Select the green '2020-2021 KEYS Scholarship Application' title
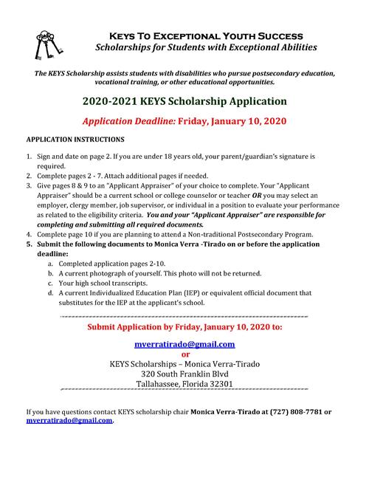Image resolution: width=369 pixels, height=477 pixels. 184,100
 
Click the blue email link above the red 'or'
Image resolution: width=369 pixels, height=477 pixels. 184,343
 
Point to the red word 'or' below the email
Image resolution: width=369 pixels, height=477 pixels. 184,354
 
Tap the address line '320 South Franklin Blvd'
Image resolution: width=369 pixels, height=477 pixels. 184,374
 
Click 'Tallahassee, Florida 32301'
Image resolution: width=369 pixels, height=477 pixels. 184,384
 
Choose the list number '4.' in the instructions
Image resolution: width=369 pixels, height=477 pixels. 30,233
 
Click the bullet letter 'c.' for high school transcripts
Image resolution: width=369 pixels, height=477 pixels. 50,282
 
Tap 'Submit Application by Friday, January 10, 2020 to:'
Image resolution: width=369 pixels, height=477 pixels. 184,326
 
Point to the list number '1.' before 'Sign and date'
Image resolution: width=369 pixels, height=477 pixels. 30,157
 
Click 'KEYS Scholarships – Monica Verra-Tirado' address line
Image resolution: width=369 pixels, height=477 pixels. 184,363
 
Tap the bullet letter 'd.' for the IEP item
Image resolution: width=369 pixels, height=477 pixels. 50,292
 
